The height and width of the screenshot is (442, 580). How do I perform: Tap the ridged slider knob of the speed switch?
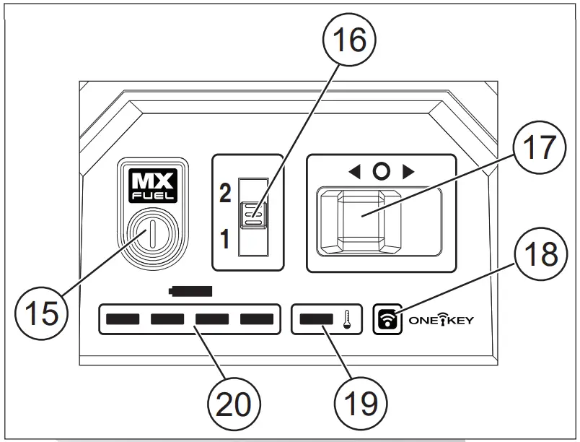click(x=255, y=214)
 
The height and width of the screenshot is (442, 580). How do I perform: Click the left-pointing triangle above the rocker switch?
click(x=355, y=172)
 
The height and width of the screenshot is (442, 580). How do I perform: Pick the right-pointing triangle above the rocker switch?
click(x=408, y=172)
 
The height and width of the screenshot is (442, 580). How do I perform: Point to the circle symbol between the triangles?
click(x=382, y=172)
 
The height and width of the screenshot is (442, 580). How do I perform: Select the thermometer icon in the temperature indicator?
click(x=347, y=318)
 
